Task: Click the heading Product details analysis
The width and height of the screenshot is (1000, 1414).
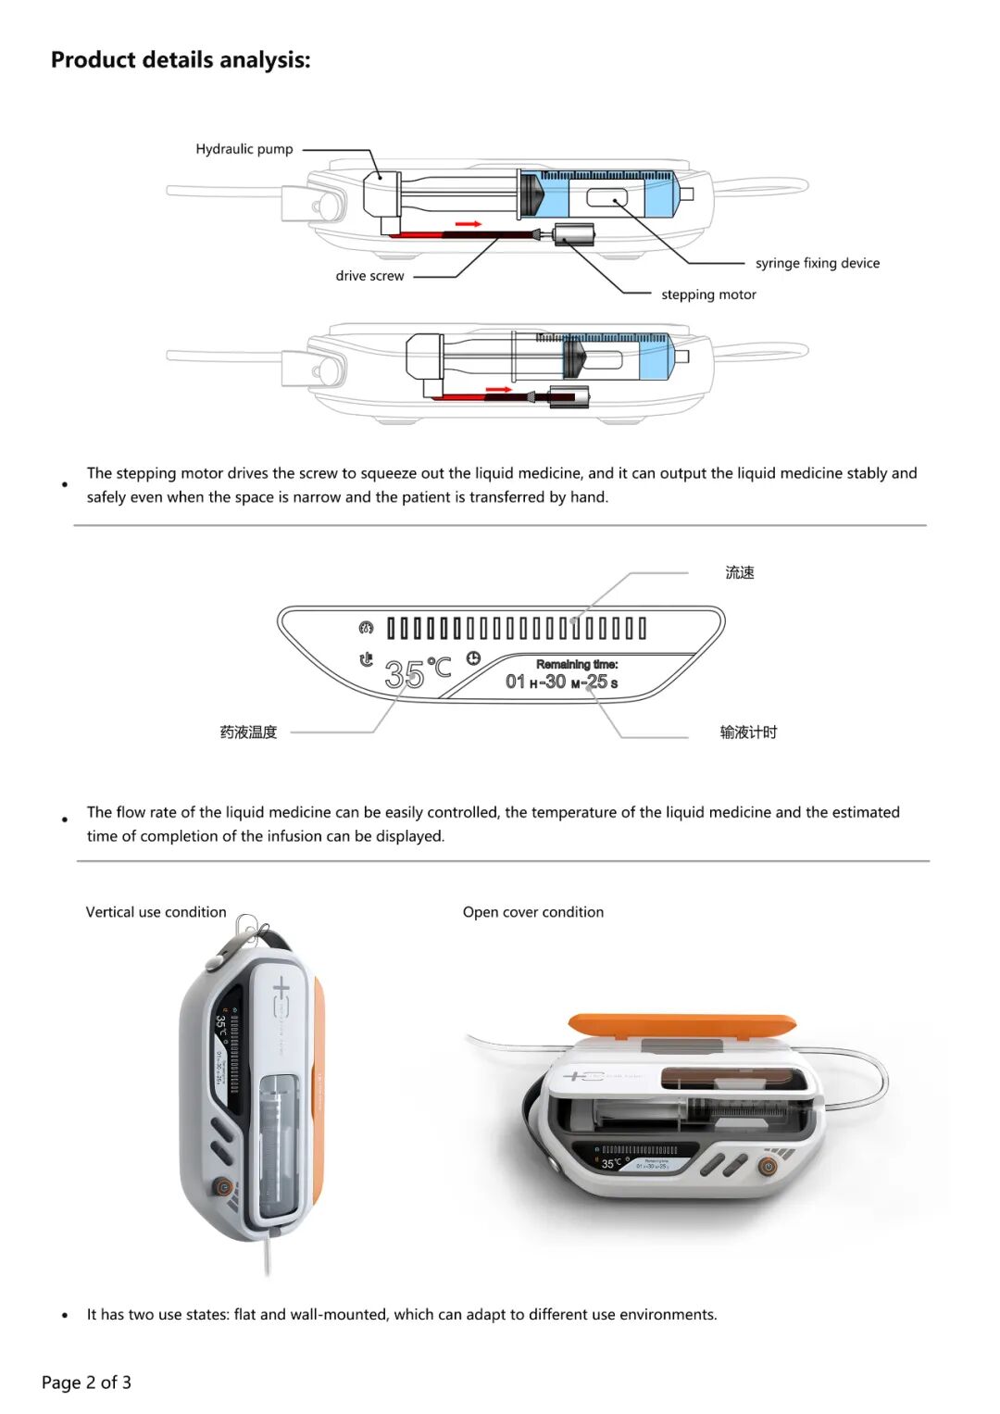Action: coord(181,60)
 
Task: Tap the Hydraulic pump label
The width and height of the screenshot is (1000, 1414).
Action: coord(244,149)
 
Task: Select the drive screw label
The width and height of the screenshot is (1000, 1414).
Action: coord(369,276)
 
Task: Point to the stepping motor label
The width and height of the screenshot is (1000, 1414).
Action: coord(708,294)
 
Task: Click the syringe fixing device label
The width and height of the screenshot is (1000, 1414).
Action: coord(817,263)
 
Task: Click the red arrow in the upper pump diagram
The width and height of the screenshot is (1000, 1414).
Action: coord(469,224)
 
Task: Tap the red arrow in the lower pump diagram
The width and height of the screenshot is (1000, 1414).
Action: coord(498,390)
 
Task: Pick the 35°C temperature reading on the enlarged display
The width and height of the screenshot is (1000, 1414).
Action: coord(417,673)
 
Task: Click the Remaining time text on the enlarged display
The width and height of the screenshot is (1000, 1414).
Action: coord(577,664)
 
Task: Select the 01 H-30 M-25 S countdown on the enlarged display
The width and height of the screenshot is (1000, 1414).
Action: coord(561,682)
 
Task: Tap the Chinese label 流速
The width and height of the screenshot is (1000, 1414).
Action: coord(739,573)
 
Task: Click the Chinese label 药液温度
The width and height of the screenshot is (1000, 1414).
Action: coord(248,732)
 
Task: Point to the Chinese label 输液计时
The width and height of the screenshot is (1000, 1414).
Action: coord(748,732)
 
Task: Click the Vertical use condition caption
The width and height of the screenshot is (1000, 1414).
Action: coord(156,912)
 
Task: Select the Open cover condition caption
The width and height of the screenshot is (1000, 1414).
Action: coord(532,912)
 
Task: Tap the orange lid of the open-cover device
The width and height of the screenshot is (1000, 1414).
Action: coord(681,1024)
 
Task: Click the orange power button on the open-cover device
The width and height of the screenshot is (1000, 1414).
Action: coord(768,1167)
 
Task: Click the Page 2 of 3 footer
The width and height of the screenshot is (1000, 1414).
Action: coord(86,1383)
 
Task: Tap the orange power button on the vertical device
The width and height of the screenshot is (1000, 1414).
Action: coord(222,1186)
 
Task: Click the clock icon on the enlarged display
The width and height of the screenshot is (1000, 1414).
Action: coord(473,658)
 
